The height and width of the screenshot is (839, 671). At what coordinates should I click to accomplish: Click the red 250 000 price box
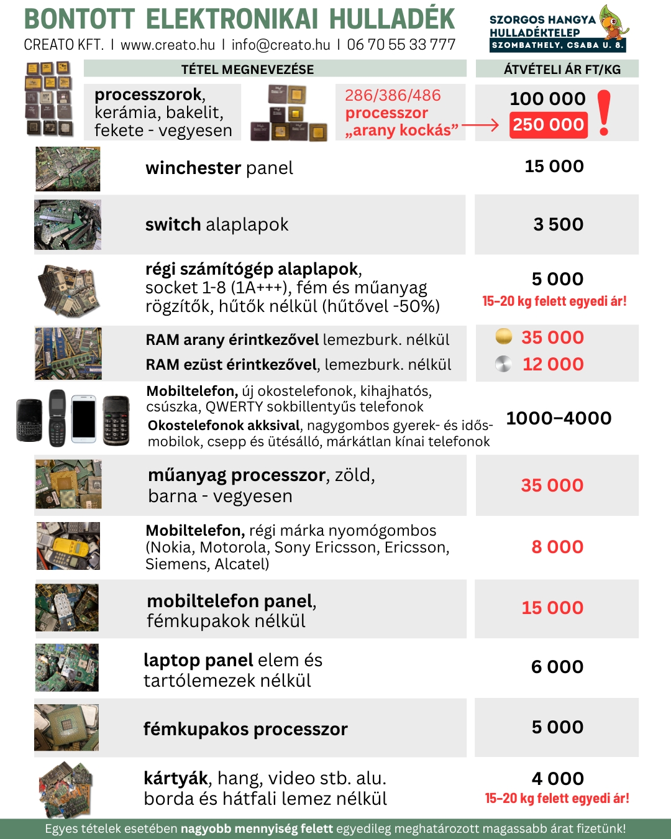point(548,125)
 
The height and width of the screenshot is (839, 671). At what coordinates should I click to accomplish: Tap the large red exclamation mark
point(604,112)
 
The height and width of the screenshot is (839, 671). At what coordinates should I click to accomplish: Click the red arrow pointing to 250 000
point(480,126)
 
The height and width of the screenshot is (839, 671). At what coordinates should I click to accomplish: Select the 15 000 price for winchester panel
point(554,167)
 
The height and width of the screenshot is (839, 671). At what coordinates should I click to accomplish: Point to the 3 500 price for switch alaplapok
point(558,224)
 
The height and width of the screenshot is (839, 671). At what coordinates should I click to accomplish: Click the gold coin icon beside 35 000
point(504,337)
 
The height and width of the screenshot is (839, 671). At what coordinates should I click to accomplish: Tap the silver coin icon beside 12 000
point(503,364)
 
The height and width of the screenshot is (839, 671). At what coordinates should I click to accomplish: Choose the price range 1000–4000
point(559,418)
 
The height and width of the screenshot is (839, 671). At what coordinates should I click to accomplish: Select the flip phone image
point(57,418)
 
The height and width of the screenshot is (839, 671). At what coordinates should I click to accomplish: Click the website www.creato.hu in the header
point(168,45)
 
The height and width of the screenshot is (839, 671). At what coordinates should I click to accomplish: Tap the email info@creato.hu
point(281,45)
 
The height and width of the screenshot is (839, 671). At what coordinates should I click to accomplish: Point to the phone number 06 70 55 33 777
point(401,45)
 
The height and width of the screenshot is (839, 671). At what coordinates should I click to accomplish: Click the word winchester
point(193,168)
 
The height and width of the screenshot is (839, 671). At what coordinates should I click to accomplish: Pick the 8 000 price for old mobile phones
point(557,547)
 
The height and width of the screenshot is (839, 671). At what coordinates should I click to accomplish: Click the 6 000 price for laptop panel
point(557,667)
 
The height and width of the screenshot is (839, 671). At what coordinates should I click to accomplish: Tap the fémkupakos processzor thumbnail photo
point(66,727)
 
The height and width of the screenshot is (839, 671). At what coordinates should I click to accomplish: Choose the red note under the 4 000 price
point(557,799)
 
